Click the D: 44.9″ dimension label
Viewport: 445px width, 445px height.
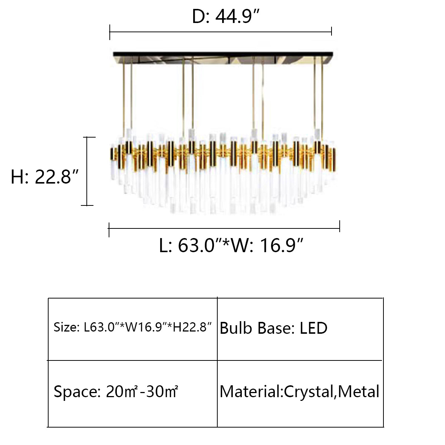[225, 16]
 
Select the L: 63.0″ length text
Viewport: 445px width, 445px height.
[189, 245]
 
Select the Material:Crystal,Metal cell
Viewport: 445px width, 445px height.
[299, 392]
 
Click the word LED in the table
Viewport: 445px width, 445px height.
[313, 328]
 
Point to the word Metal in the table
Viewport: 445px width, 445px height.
[359, 392]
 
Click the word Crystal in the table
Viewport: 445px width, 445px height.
[309, 392]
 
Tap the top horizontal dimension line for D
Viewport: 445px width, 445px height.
[221, 33]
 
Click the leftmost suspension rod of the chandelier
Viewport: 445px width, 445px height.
[123, 100]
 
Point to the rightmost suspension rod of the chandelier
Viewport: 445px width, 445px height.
[322, 100]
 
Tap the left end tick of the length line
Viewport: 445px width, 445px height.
[109, 230]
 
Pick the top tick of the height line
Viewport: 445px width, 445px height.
[88, 137]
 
